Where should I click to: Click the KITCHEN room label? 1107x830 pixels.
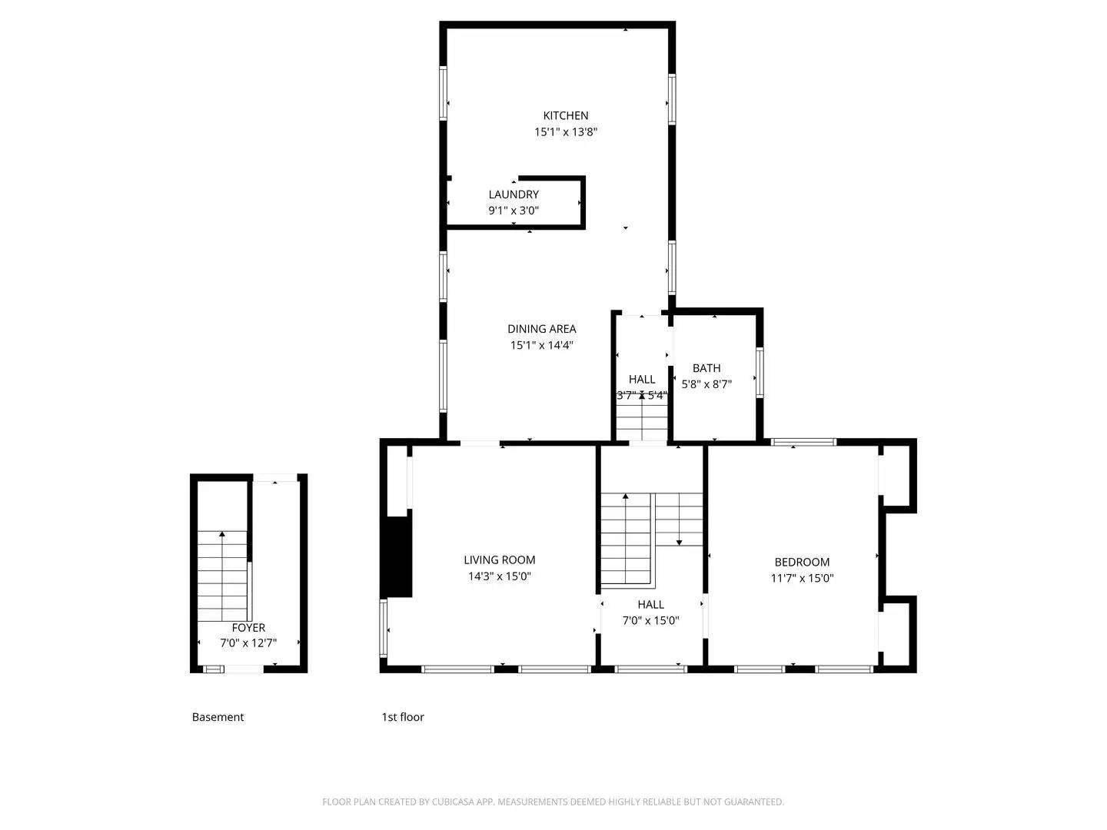[566, 115]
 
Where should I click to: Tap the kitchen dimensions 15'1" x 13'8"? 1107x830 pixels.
[566, 132]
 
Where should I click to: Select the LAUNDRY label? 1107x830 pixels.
[514, 194]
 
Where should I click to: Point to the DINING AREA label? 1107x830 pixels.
[541, 329]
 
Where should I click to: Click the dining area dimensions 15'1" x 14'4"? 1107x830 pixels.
[541, 346]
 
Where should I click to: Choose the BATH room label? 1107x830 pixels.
[706, 368]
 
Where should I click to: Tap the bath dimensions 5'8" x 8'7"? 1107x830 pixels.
[706, 384]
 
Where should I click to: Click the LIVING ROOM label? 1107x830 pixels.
[500, 560]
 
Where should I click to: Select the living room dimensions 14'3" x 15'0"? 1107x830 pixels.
[500, 576]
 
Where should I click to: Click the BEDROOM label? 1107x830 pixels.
[802, 562]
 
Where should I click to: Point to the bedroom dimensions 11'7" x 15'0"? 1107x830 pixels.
[802, 579]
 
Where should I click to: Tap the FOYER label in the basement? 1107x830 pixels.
[248, 628]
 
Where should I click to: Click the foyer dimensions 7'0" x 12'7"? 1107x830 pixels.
[248, 643]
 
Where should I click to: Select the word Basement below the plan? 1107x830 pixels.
[218, 717]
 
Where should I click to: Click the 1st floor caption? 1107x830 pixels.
[403, 717]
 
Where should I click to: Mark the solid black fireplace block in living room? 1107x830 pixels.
[397, 556]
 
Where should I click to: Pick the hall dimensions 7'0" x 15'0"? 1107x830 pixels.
[650, 621]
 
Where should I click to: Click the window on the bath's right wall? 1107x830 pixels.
[760, 373]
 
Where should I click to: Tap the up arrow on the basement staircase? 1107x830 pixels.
[223, 533]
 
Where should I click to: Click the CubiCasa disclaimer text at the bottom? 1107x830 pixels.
[553, 802]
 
